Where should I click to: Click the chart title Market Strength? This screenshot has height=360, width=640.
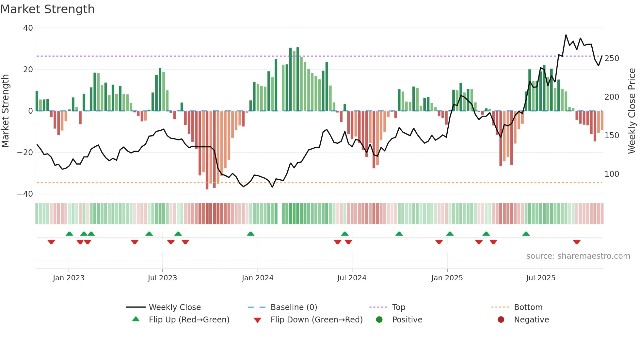(47, 9)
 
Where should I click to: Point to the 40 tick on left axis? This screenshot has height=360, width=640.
(28, 28)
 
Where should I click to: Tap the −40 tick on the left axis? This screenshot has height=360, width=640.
(25, 194)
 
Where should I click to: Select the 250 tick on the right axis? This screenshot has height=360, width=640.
(612, 58)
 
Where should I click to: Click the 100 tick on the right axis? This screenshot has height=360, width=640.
(612, 174)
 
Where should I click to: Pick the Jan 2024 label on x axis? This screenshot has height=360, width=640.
(258, 278)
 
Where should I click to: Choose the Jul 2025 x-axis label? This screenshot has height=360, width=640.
(541, 278)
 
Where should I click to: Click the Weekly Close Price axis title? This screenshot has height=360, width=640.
(632, 111)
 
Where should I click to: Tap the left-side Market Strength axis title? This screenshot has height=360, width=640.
(6, 111)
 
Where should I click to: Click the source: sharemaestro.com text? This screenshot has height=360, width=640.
(578, 256)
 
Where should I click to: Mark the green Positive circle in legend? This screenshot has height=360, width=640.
(379, 319)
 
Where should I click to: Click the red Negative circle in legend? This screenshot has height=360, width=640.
(501, 319)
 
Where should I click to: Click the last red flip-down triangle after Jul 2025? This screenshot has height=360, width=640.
(577, 242)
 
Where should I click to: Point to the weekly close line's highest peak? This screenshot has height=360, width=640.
(566, 35)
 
